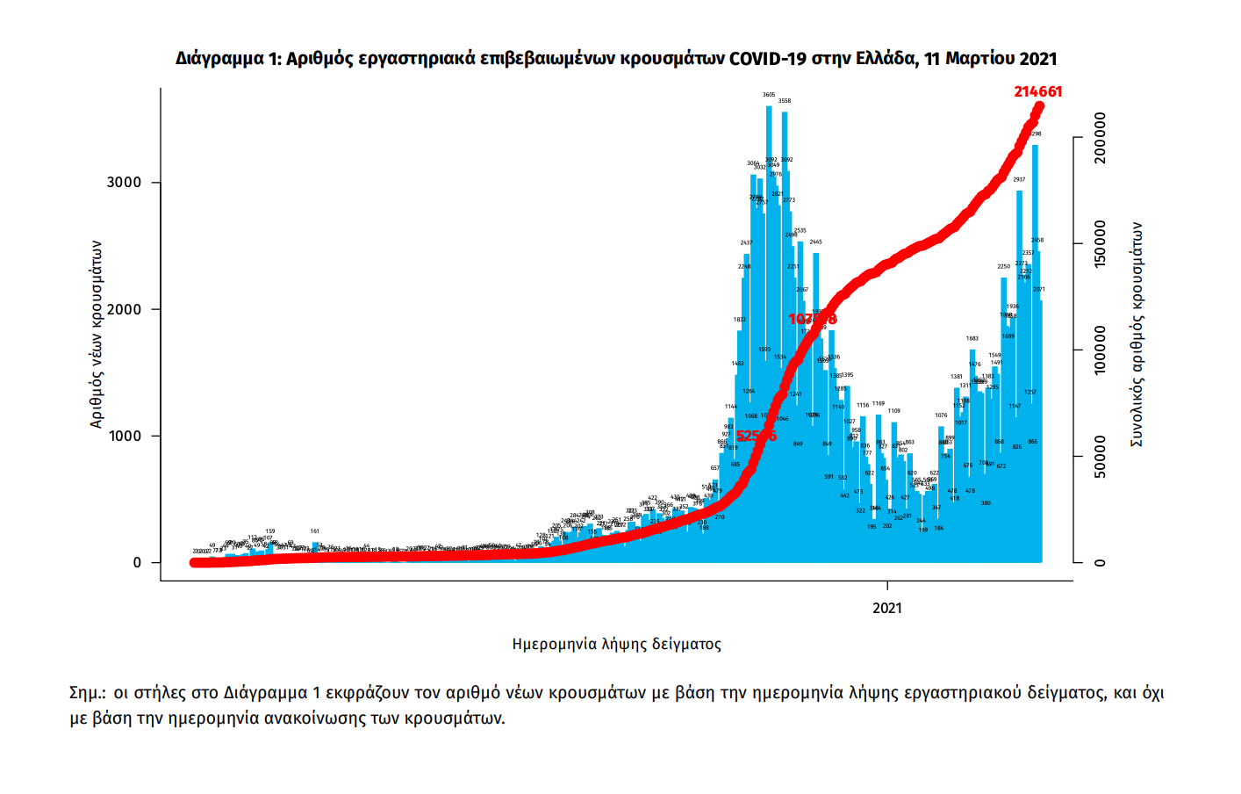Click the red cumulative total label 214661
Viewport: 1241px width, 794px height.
[x=1037, y=91]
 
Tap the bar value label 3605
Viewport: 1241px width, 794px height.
[x=769, y=95]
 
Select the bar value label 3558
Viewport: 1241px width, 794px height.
[x=785, y=101]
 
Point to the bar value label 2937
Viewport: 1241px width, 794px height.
[x=1019, y=179]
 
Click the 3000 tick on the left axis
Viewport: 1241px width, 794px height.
[x=124, y=183]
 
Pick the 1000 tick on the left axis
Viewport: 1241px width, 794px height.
[x=124, y=437]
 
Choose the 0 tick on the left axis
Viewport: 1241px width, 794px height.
[x=137, y=563]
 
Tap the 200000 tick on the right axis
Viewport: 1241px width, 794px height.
[x=1100, y=138]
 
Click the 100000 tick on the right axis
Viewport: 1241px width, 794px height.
[x=1100, y=350]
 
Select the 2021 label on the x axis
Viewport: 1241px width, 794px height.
[x=886, y=608]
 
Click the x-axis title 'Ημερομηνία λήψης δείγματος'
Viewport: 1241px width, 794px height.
[x=616, y=644]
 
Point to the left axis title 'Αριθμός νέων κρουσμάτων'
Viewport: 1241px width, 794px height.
[x=97, y=334]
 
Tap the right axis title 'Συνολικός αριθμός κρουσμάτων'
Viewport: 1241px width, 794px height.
[x=1137, y=334]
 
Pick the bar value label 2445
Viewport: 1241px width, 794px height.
[x=815, y=242]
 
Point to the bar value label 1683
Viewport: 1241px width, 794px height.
[x=972, y=338]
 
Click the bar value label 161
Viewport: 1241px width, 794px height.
[x=315, y=531]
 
